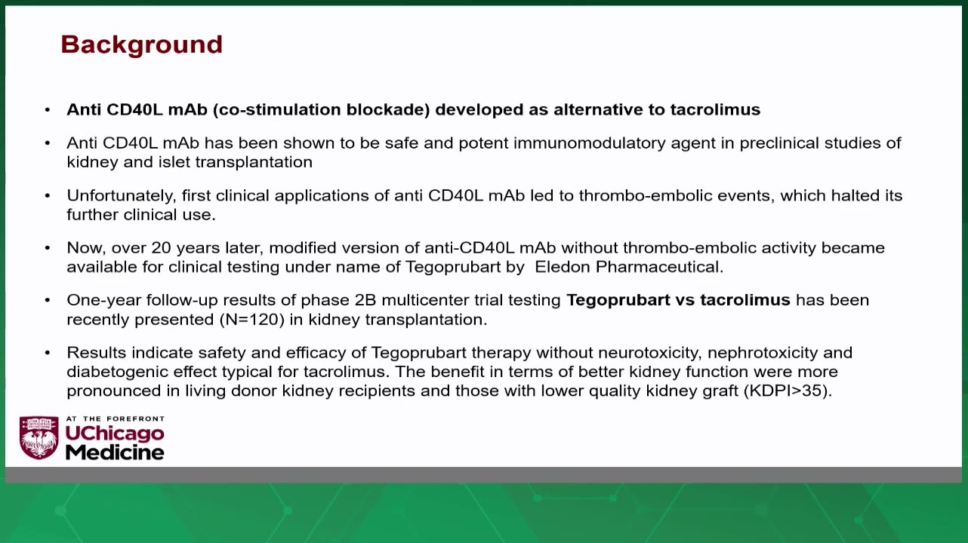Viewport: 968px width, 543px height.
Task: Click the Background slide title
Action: (141, 45)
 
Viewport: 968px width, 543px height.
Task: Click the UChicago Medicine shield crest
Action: (39, 437)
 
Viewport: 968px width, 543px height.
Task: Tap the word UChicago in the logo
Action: (115, 434)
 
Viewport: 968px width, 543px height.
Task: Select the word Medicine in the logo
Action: (115, 452)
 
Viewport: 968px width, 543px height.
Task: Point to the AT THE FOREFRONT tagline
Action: (115, 419)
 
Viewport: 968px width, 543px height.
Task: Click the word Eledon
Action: (563, 267)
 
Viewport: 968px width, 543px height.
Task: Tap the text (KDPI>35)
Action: (788, 391)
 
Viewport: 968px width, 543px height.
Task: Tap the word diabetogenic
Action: (117, 372)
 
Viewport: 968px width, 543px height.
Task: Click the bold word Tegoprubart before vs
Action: (618, 300)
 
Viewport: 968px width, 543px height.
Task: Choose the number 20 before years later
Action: (161, 248)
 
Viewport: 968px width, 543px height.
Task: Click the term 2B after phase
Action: (365, 300)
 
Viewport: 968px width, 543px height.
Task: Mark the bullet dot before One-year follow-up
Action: (48, 300)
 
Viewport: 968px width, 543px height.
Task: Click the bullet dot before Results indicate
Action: (48, 353)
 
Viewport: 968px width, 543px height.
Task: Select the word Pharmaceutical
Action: (659, 267)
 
